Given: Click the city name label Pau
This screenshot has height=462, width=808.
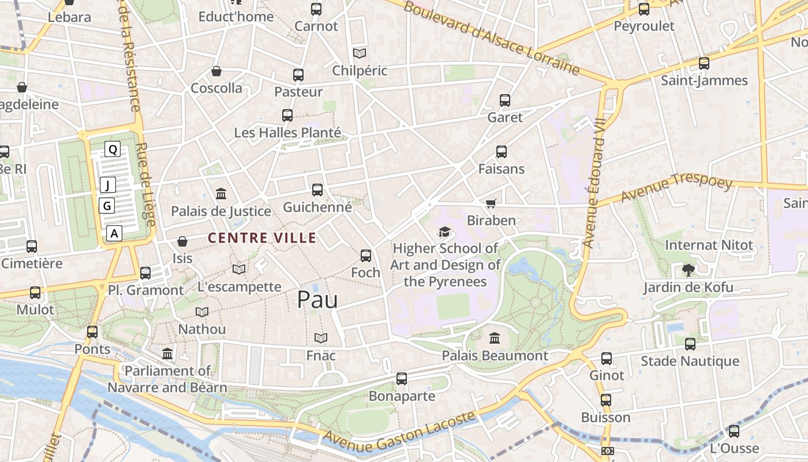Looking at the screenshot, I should click(x=317, y=299).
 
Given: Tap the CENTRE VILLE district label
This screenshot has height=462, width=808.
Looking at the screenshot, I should click(x=262, y=238).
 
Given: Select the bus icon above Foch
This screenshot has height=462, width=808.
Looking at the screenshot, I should click(x=365, y=255).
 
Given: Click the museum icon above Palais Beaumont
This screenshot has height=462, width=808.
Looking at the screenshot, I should click(x=495, y=338).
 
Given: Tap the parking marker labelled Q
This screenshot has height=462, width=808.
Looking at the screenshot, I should click(x=113, y=150).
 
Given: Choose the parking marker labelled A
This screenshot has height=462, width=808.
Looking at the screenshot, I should click(x=114, y=233).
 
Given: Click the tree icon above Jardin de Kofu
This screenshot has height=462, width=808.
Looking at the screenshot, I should click(x=688, y=270).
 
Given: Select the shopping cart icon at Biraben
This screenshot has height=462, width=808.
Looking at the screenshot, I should click(x=491, y=203).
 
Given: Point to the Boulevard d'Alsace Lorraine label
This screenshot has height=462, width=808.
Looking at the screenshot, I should click(x=491, y=38).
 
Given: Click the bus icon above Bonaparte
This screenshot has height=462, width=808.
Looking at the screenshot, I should click(x=402, y=379).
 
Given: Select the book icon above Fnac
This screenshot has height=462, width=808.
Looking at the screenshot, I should click(x=320, y=338).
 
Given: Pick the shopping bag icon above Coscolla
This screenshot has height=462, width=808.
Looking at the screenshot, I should click(x=216, y=71).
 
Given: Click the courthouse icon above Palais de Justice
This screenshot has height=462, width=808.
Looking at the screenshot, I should click(x=221, y=193).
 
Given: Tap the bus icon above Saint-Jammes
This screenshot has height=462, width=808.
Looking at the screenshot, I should click(x=704, y=64).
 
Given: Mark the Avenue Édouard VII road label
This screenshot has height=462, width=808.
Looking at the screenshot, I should click(x=596, y=182).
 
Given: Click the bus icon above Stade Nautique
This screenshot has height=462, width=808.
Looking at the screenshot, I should click(x=690, y=344).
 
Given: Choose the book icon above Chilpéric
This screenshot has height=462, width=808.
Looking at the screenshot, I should click(x=360, y=53).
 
